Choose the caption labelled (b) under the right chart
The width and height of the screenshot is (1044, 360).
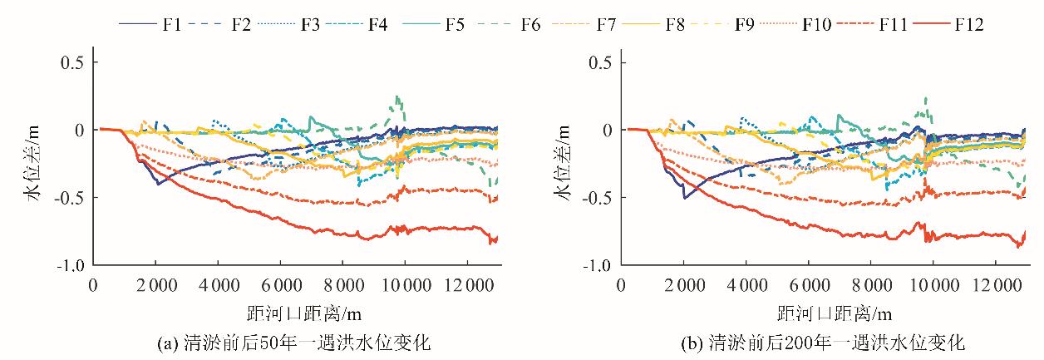point(823,342)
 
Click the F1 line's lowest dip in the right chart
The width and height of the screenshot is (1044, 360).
point(685,197)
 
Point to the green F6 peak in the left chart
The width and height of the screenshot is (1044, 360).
point(398,97)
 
